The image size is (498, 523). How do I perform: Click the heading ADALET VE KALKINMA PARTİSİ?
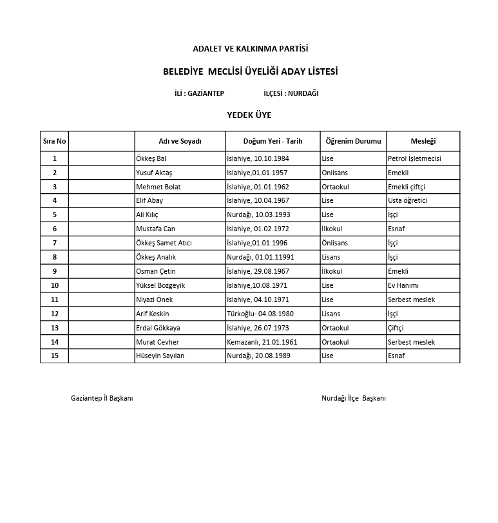point(251,48)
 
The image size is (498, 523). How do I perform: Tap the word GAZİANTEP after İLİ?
point(205,93)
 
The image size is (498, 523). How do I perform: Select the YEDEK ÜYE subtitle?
point(249,115)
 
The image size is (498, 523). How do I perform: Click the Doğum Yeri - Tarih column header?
point(273,141)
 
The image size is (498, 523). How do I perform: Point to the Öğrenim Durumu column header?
point(353,141)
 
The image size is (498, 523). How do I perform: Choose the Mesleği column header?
point(423,141)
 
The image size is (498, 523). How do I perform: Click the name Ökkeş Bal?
point(151,158)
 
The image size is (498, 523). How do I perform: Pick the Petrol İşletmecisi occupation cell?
point(414,158)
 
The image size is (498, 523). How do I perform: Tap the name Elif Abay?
point(149,200)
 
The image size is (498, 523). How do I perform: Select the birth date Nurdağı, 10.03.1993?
point(258,214)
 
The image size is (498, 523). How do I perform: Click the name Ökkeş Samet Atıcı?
point(164,243)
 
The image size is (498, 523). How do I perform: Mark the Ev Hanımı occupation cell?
point(403,285)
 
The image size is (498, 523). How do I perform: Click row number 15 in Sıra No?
point(55,356)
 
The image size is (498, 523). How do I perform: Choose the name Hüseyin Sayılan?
point(160,356)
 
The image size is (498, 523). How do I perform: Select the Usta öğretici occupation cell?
point(407,200)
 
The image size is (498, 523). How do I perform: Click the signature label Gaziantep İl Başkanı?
point(102,398)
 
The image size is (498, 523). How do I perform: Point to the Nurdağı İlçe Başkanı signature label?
point(354,398)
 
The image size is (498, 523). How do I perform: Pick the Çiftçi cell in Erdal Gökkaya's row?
point(396,328)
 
